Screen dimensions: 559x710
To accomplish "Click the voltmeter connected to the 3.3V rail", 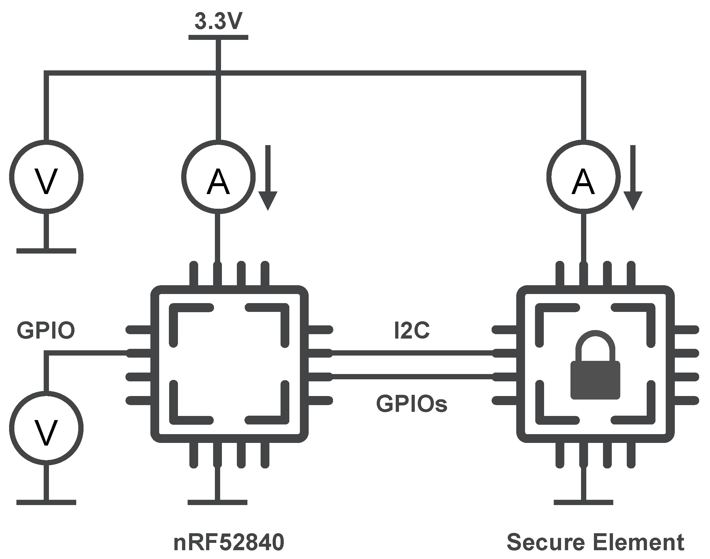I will point(46,177).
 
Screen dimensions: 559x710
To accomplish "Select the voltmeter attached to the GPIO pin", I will point(46,429).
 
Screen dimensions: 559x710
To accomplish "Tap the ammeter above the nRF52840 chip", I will point(218,177).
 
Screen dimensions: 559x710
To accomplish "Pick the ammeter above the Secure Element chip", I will point(583,177).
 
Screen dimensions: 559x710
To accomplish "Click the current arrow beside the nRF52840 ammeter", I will point(268,178).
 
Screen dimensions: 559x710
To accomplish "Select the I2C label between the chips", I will point(412,331).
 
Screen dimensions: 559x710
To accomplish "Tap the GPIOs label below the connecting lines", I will point(412,403).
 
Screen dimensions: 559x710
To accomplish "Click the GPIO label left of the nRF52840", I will point(46,331).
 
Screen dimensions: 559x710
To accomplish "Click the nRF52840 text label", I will point(229,542).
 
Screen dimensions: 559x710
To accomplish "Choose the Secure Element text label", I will point(595,542).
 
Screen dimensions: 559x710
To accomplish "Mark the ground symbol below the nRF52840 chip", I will point(218,502).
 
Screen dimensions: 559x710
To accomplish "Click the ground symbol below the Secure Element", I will point(583,502).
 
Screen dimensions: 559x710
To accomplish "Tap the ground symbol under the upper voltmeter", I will point(46,251).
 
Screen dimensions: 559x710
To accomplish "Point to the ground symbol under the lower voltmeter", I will point(46,502).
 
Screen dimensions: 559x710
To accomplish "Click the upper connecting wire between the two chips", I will point(412,353).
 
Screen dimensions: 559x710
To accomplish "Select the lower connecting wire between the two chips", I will point(412,377).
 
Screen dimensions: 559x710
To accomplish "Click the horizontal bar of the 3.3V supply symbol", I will point(218,37).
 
